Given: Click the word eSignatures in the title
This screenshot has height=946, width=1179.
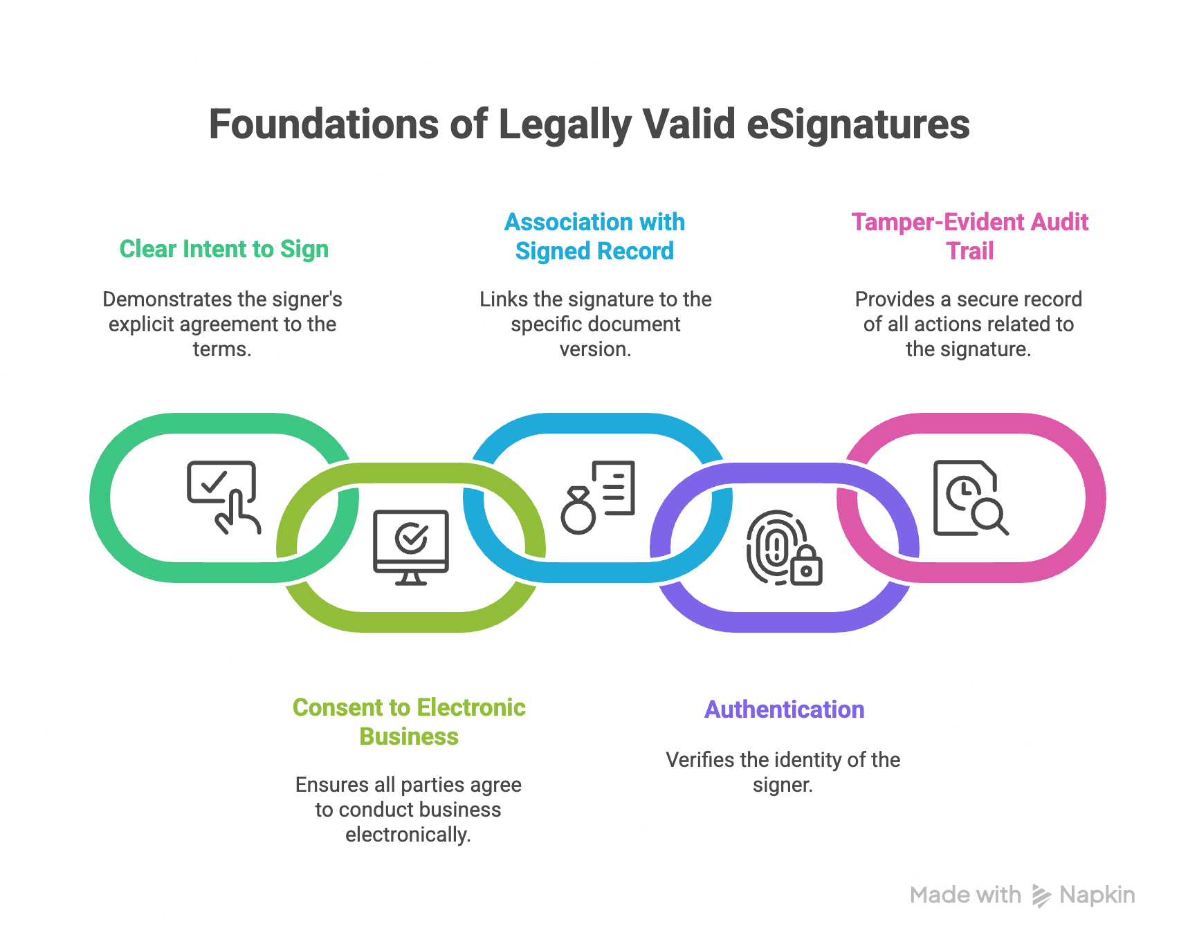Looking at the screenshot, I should (858, 124).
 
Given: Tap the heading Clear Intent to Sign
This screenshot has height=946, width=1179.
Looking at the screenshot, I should (223, 249).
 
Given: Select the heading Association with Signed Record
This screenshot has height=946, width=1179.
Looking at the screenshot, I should (594, 236).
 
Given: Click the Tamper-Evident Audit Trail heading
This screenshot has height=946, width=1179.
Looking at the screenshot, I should (969, 236).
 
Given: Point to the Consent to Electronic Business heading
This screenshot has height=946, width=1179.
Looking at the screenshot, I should (409, 722).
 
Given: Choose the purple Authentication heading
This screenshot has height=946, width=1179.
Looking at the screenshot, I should (784, 709).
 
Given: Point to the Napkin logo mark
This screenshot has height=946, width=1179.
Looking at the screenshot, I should (1041, 896).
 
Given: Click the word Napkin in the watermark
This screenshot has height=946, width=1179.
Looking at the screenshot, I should (1097, 896).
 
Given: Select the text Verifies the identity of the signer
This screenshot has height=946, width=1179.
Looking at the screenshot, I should (783, 772).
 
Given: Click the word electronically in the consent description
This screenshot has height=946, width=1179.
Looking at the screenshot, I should (408, 835).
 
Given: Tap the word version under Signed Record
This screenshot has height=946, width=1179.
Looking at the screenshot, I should (595, 349).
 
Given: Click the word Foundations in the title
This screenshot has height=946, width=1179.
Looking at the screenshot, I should (324, 124).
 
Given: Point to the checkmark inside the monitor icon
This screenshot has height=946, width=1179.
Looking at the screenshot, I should (411, 537).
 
